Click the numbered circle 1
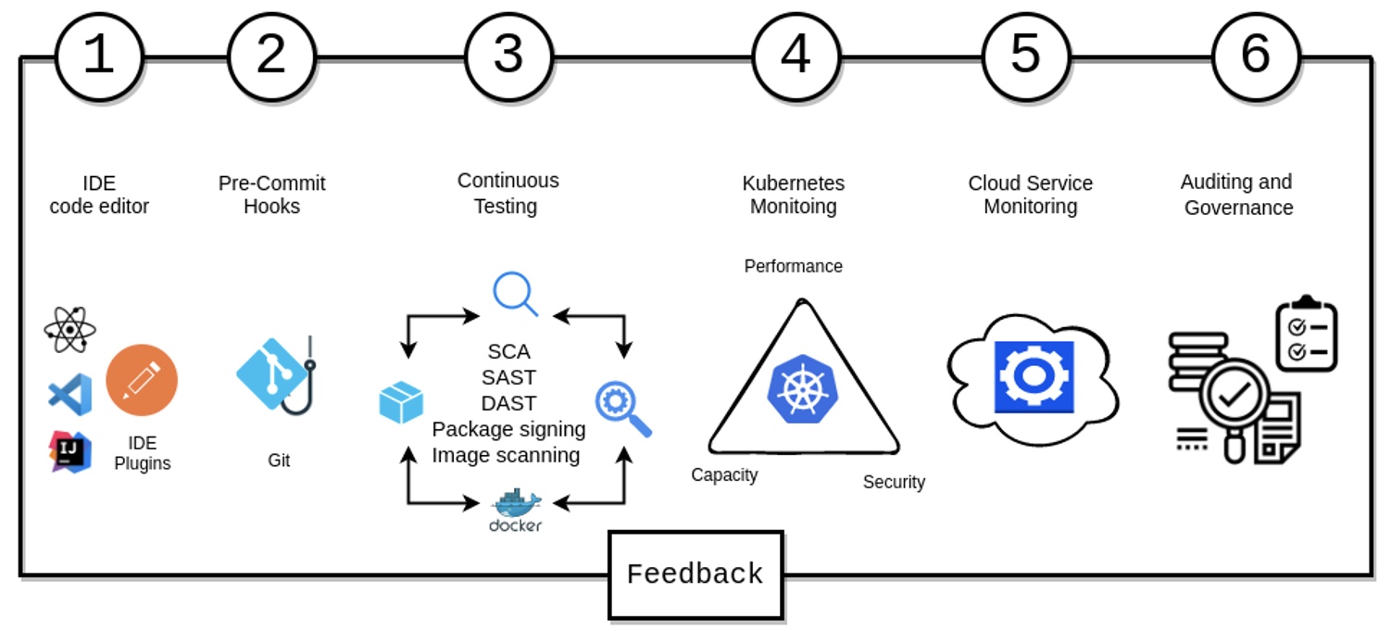99,56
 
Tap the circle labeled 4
796,56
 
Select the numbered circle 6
1255,56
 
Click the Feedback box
695,575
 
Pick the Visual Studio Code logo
70,395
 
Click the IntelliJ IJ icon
70,451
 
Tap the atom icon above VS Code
69,329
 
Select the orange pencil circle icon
142,380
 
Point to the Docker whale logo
516,509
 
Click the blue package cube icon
401,403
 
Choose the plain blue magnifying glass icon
515,294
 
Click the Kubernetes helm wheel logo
802,388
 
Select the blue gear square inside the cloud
1034,376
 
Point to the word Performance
794,266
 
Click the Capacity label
724,474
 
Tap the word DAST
508,403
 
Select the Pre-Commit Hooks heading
272,195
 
